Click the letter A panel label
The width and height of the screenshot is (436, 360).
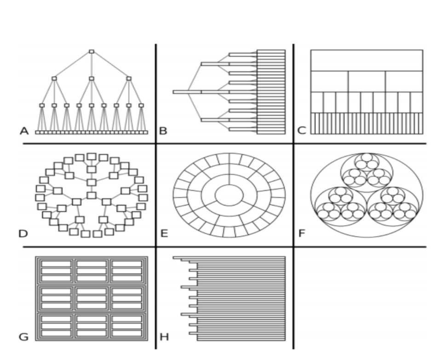click(x=24, y=131)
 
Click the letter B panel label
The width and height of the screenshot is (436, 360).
click(x=163, y=131)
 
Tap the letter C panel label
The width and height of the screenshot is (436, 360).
click(x=302, y=131)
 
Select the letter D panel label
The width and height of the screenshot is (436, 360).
click(x=23, y=233)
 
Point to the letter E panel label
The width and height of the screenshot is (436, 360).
click(x=164, y=233)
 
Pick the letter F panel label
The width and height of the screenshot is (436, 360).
click(x=302, y=233)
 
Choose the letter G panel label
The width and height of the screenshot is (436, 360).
click(x=23, y=337)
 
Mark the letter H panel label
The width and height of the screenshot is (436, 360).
click(x=164, y=337)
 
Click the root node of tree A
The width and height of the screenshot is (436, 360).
click(x=91, y=52)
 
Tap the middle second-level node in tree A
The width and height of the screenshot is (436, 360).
click(x=91, y=79)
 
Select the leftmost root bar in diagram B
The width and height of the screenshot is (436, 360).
click(x=187, y=92)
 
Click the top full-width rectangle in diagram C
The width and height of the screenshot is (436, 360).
click(x=367, y=60)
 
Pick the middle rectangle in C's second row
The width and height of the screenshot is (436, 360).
click(x=367, y=81)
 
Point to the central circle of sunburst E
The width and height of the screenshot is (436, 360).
click(x=229, y=196)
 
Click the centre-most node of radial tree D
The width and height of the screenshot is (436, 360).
click(x=92, y=195)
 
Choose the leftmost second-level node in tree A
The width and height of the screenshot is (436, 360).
click(x=54, y=79)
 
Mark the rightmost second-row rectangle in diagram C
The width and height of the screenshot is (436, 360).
click(x=404, y=81)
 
